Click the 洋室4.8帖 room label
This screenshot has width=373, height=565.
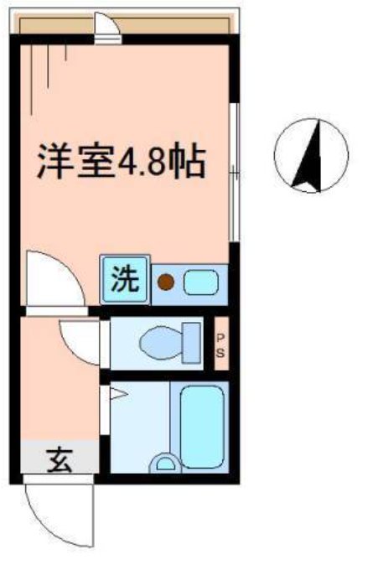click(x=120, y=161)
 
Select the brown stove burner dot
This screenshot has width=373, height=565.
click(x=167, y=283)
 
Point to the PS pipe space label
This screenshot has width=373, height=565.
click(x=220, y=344)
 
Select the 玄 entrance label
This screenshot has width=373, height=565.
click(x=59, y=459)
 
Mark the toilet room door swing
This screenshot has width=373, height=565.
click(x=82, y=340)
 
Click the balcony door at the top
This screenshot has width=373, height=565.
click(x=106, y=30)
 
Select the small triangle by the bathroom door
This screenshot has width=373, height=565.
click(x=115, y=392)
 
